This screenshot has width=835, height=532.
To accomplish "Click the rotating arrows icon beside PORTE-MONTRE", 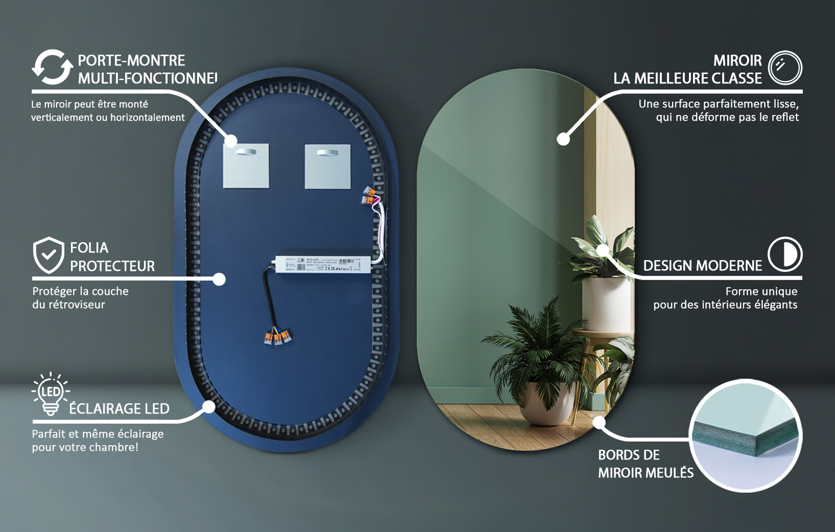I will (x=52, y=67).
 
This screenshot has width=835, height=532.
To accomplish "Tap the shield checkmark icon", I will (x=49, y=255).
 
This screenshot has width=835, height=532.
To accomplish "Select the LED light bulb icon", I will (x=51, y=393).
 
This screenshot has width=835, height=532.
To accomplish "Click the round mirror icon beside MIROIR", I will (x=785, y=67).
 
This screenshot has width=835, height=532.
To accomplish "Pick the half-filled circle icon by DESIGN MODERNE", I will (x=785, y=254).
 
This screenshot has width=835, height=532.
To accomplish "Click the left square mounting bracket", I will (x=246, y=166).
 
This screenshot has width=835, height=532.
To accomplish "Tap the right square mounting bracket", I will (x=328, y=167).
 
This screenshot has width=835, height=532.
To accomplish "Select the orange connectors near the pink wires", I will (x=370, y=196).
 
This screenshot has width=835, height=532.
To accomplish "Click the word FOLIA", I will (x=89, y=248).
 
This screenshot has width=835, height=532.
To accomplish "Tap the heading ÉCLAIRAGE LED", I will (x=120, y=409).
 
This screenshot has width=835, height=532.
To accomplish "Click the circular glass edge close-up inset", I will (x=746, y=436).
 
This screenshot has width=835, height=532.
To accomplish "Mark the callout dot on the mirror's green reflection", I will (x=563, y=138).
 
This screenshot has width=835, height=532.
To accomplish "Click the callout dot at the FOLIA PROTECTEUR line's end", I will (x=219, y=279).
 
